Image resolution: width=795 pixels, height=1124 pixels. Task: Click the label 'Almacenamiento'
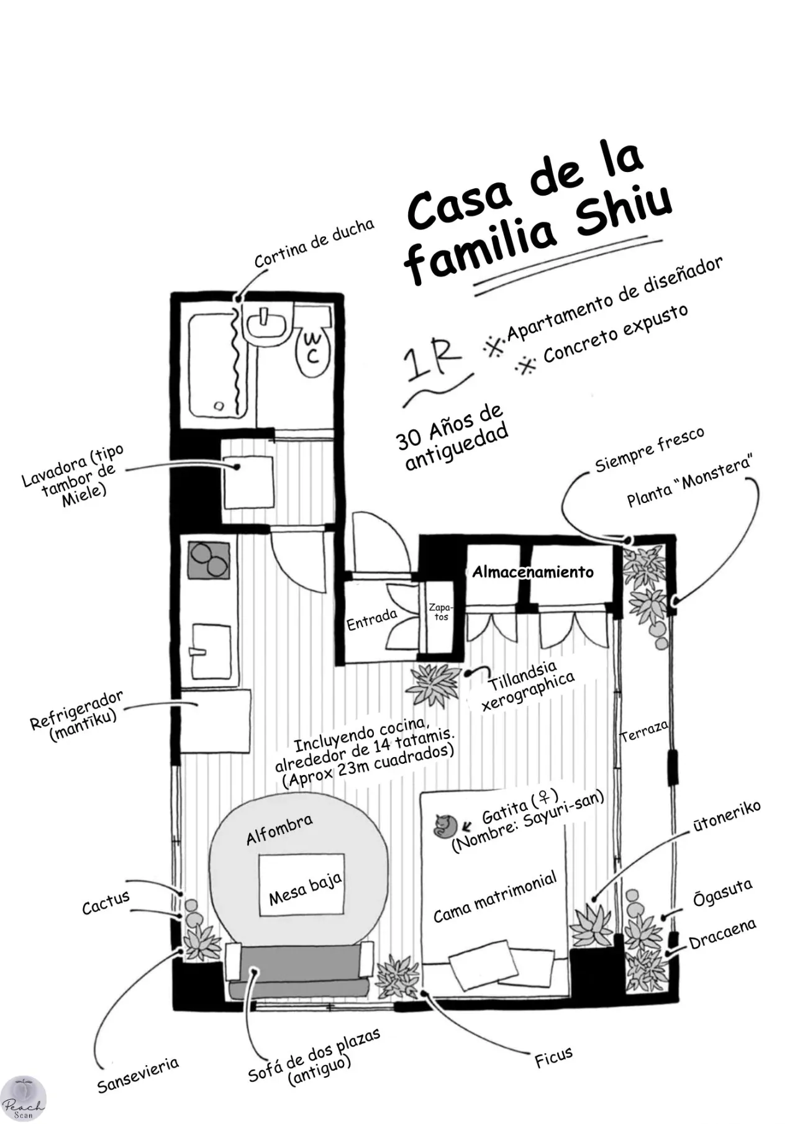click(533, 571)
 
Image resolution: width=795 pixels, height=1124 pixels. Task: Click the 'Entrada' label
click(371, 619)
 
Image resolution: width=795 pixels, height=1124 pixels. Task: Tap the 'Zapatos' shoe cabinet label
click(441, 611)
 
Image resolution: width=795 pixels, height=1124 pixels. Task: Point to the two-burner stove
click(209, 560)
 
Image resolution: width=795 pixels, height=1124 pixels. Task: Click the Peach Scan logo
click(24, 1098)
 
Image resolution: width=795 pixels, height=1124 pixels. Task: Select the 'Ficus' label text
click(553, 1057)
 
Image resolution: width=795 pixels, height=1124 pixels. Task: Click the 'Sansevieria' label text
click(138, 1075)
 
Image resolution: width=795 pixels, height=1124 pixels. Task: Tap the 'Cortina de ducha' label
click(314, 243)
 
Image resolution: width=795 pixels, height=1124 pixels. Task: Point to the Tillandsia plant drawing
click(434, 684)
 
